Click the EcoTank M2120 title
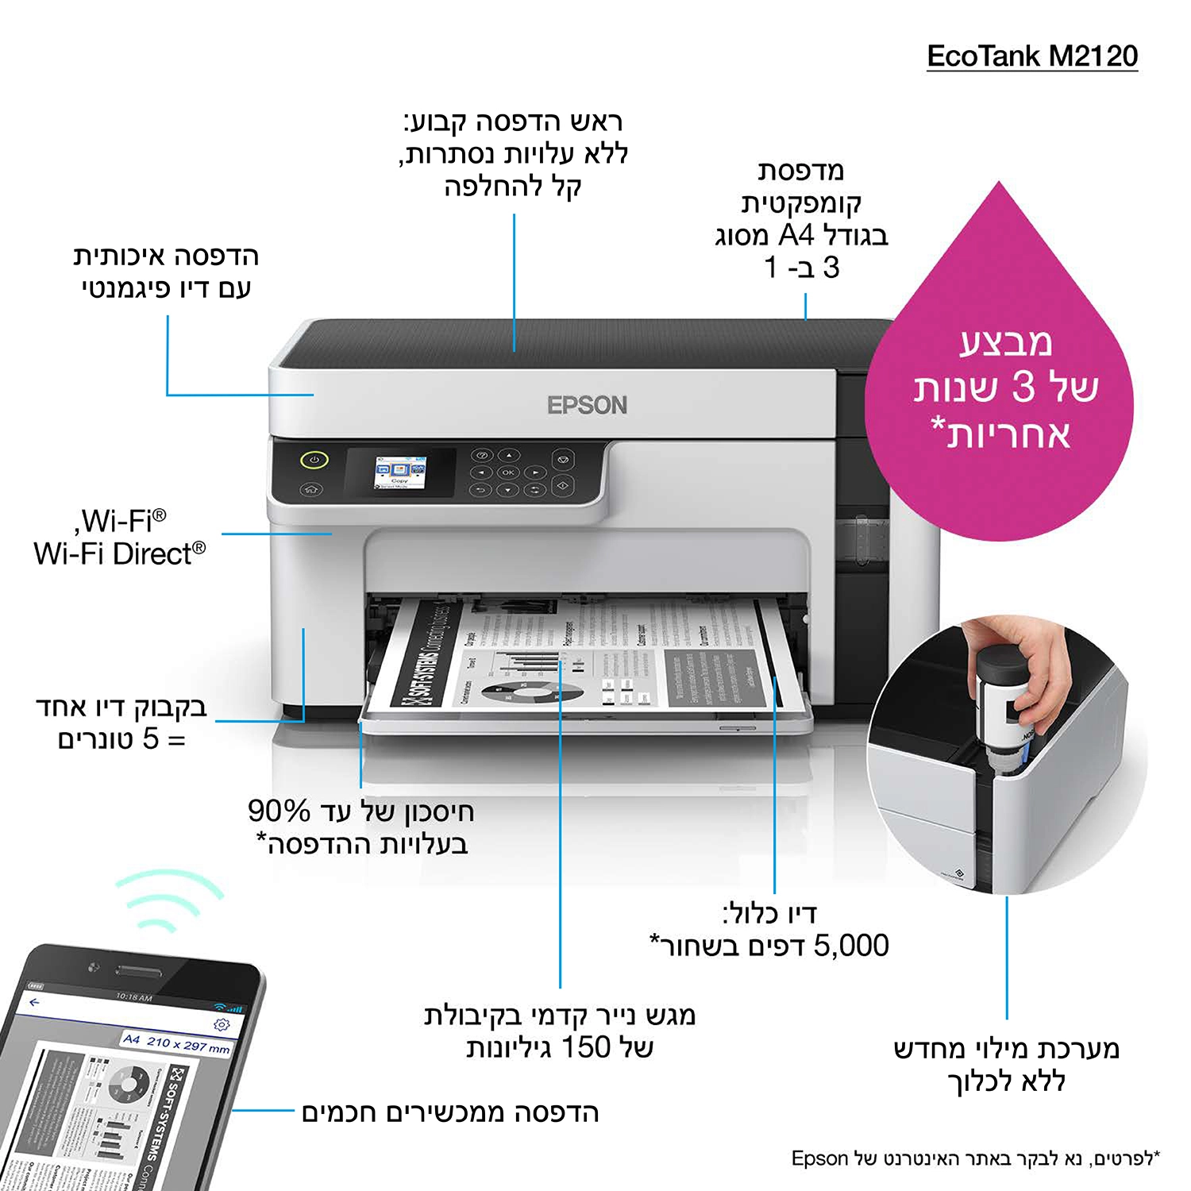(1032, 56)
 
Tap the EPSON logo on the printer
(587, 405)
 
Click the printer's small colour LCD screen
(400, 472)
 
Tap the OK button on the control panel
(508, 472)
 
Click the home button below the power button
(312, 489)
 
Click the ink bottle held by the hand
(1002, 707)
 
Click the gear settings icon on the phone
(222, 1024)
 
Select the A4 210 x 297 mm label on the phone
(176, 1043)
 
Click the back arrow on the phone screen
(34, 1003)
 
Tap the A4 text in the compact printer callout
(796, 236)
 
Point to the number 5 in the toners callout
(150, 739)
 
